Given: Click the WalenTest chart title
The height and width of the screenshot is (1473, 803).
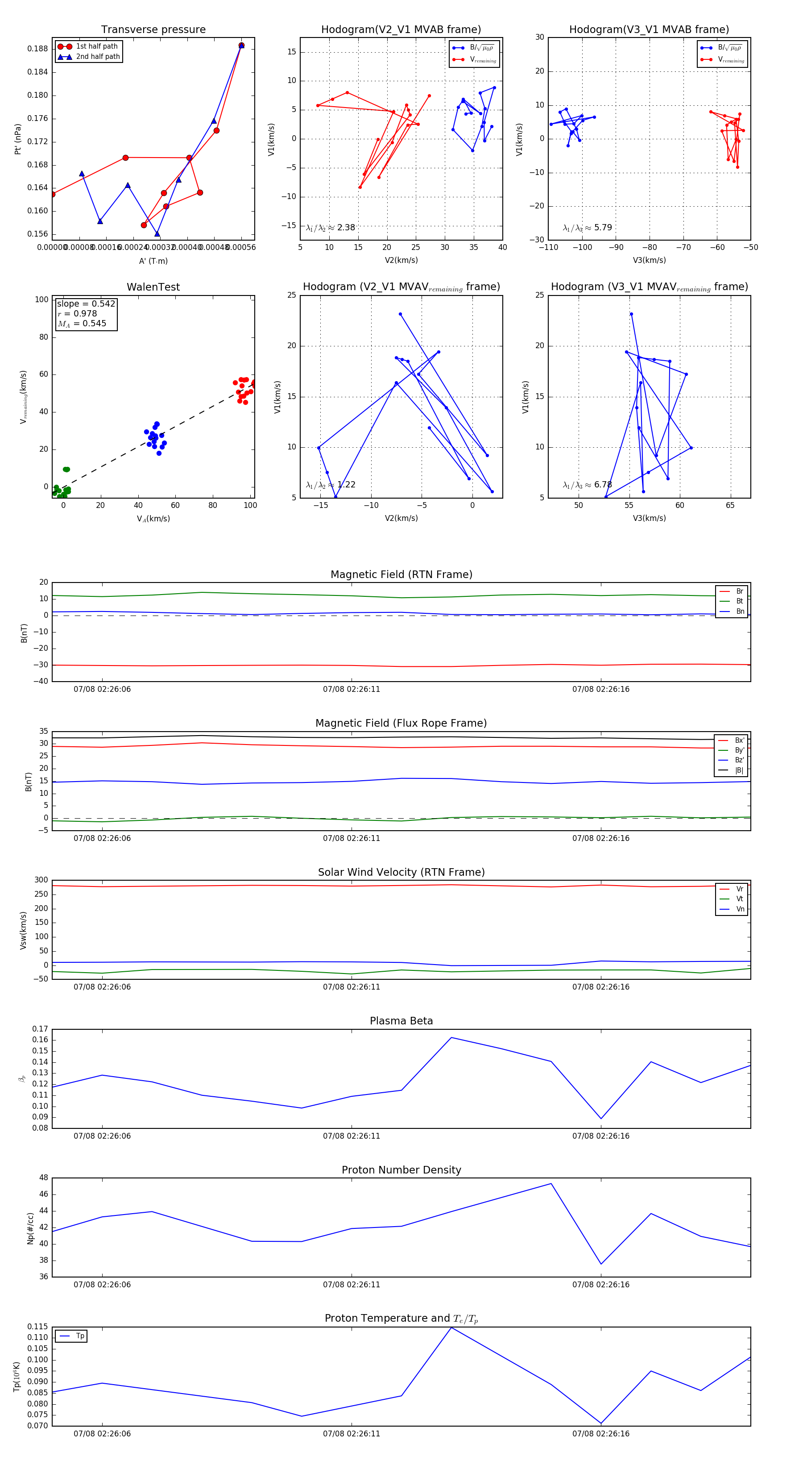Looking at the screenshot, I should pyautogui.click(x=153, y=287).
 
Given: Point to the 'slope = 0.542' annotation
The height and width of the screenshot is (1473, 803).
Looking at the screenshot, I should pyautogui.click(x=86, y=304).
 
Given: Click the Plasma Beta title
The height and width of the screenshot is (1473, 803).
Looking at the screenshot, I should pyautogui.click(x=401, y=1021).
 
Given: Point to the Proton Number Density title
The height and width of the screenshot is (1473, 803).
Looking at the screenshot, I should pyautogui.click(x=401, y=1170).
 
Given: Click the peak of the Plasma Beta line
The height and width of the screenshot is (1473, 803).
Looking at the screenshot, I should pyautogui.click(x=451, y=1037).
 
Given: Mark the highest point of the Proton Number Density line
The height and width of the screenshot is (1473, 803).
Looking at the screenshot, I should pyautogui.click(x=551, y=1184).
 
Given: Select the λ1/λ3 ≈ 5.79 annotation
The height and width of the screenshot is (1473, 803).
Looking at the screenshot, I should pyautogui.click(x=587, y=228).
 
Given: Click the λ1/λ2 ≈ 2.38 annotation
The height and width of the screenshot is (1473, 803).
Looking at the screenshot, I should pyautogui.click(x=330, y=228).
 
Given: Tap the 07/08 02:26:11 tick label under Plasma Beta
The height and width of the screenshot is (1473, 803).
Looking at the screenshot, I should pyautogui.click(x=352, y=1136).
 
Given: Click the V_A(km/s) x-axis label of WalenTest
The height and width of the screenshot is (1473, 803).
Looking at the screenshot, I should pyautogui.click(x=153, y=519).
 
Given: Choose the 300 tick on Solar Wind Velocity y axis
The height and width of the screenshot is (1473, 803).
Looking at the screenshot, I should pyautogui.click(x=41, y=880).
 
